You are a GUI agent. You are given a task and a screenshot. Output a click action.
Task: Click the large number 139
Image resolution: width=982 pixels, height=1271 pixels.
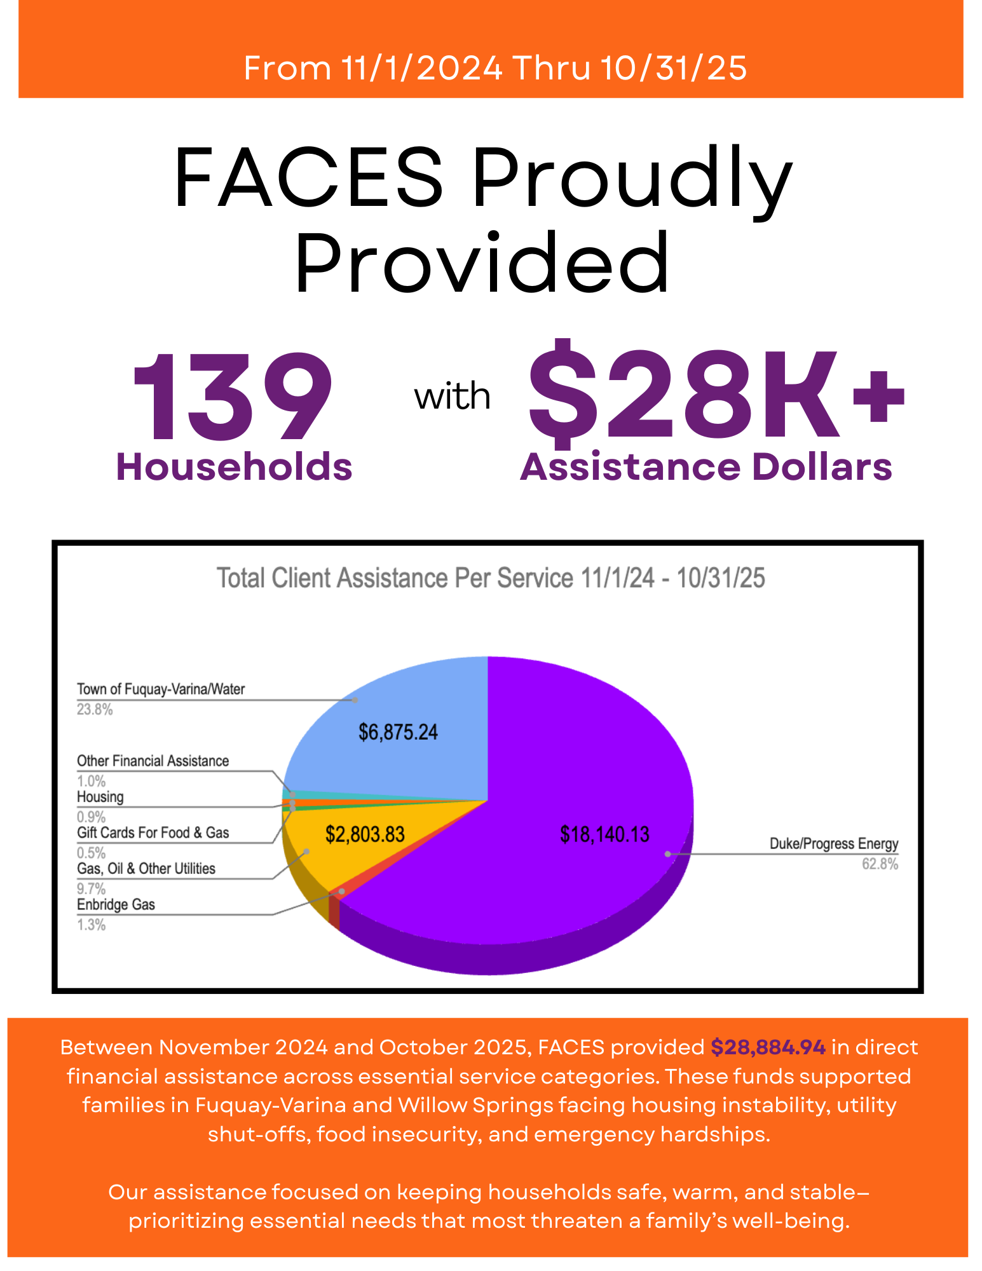[233, 397]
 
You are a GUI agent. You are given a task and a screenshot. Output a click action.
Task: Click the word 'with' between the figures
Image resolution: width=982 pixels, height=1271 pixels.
[452, 397]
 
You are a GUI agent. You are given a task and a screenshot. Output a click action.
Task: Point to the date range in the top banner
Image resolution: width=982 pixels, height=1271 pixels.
[495, 68]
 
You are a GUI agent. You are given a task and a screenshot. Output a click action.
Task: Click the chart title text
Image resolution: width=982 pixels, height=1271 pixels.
[491, 578]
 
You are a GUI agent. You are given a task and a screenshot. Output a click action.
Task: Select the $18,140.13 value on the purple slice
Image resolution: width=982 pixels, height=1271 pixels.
[604, 834]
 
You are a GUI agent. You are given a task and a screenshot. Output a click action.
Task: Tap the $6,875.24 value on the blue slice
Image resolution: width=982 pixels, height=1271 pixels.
[398, 732]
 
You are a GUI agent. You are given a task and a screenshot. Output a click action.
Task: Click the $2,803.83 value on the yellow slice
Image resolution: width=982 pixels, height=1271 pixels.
[365, 834]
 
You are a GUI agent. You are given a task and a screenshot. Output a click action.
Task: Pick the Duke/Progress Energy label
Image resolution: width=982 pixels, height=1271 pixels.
[833, 844]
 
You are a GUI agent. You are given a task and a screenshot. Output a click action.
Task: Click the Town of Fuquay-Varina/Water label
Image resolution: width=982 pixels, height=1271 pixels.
[161, 690]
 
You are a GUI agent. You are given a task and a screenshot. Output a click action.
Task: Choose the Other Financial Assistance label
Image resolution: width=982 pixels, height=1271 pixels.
[153, 761]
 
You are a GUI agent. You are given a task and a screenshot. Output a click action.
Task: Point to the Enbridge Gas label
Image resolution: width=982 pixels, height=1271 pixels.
[116, 905]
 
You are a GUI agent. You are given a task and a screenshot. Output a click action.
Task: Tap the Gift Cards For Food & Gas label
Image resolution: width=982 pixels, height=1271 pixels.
[153, 833]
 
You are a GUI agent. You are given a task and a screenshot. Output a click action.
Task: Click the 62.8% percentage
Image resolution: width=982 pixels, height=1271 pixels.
[880, 864]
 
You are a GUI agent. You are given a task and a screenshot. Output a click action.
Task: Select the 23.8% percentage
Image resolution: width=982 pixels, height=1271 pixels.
[95, 710]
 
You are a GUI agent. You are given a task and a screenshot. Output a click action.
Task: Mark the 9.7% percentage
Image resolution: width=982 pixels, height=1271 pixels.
[91, 889]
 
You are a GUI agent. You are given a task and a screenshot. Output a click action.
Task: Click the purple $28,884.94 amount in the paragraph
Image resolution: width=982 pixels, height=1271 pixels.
[768, 1047]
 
